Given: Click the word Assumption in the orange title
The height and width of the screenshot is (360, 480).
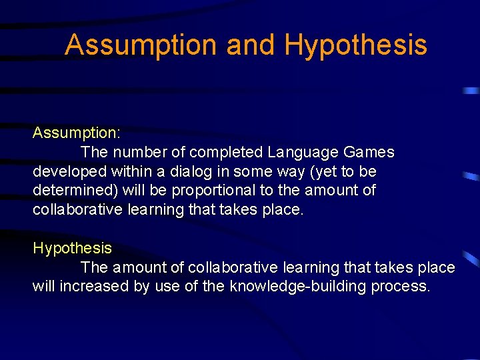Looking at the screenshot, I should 141,45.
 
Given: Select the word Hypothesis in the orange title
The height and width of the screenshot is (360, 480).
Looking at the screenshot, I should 355,45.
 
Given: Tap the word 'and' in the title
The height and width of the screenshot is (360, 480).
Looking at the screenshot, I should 250,45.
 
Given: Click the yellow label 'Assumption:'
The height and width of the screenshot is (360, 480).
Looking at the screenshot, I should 76,133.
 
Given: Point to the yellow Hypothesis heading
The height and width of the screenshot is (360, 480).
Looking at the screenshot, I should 72,249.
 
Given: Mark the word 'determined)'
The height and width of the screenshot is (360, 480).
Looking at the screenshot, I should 75,191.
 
